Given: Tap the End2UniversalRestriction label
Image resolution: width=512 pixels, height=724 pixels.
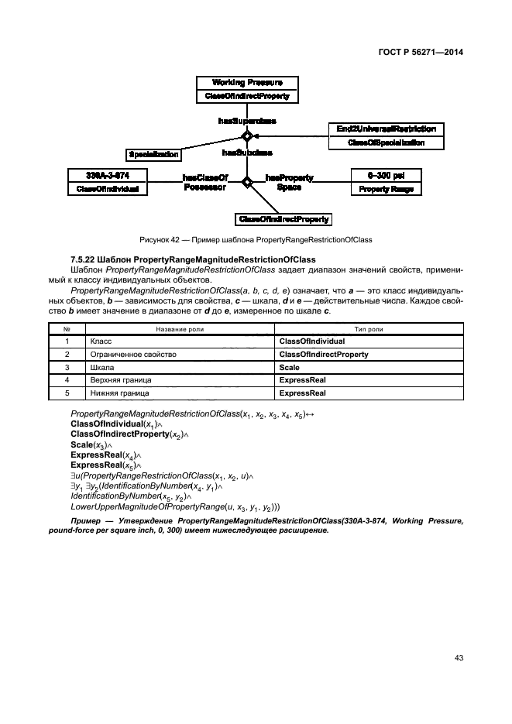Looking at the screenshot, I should [386, 129].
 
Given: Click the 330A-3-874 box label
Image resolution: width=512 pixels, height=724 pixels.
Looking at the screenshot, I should [108, 174].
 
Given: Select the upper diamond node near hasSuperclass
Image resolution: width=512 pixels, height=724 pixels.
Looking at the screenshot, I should [247, 136].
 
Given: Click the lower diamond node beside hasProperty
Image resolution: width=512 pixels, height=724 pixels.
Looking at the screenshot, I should [247, 183].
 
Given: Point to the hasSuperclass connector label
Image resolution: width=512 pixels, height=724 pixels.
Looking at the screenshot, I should [247, 121].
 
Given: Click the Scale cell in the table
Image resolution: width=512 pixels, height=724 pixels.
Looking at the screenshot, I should [289, 367].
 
